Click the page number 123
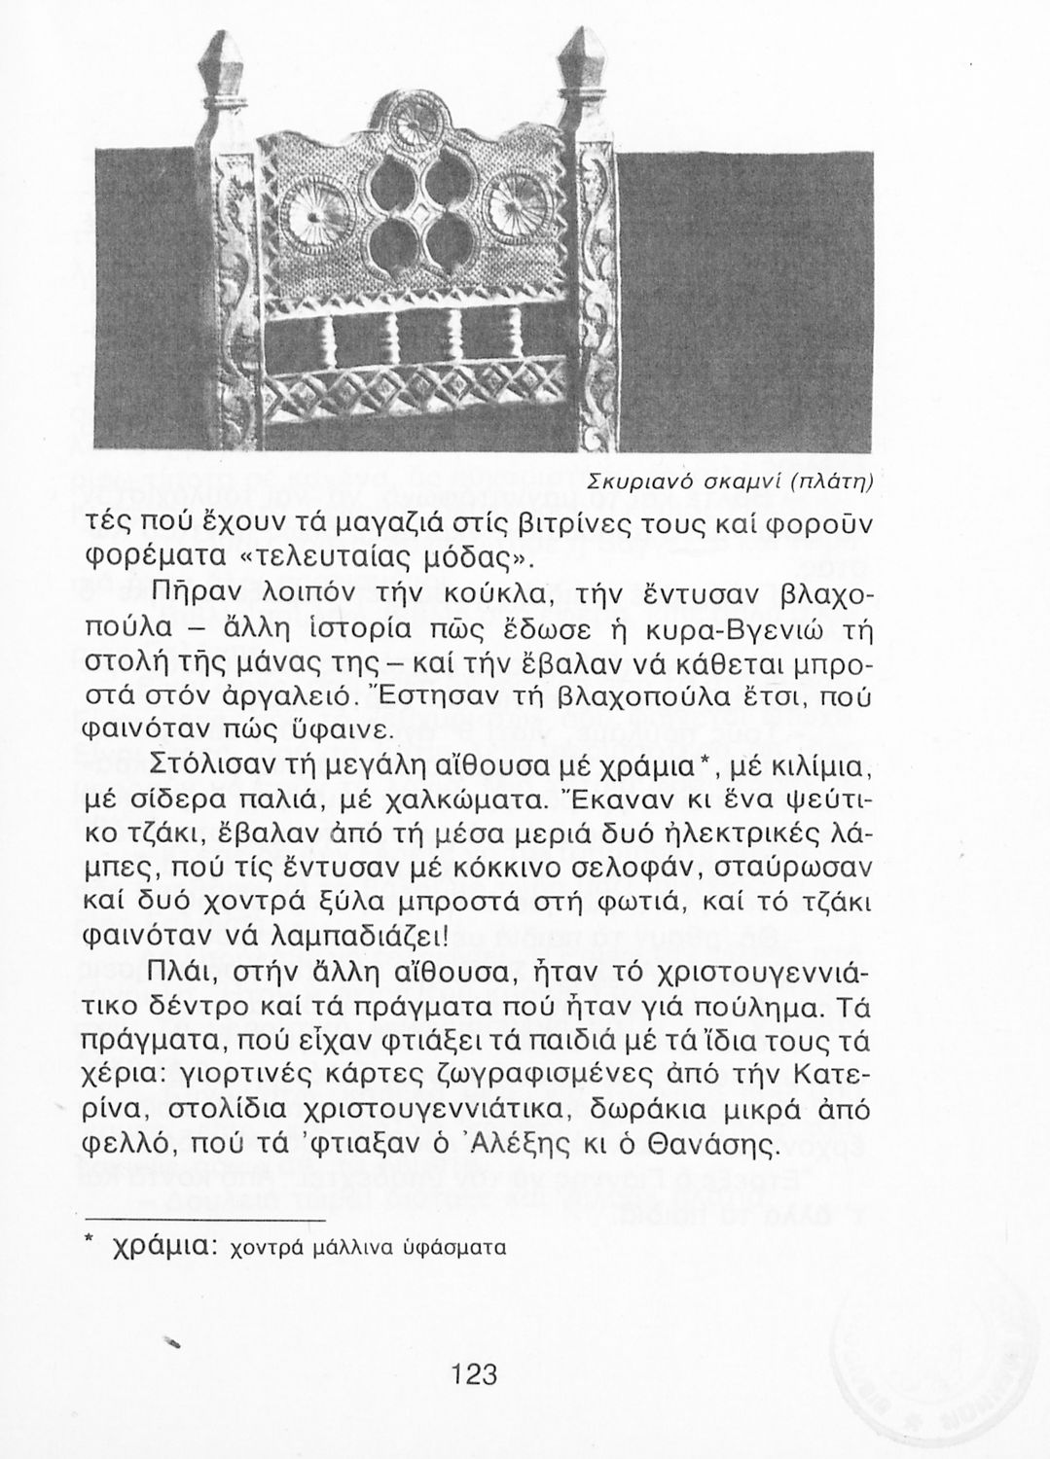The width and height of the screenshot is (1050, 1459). tap(475, 1375)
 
